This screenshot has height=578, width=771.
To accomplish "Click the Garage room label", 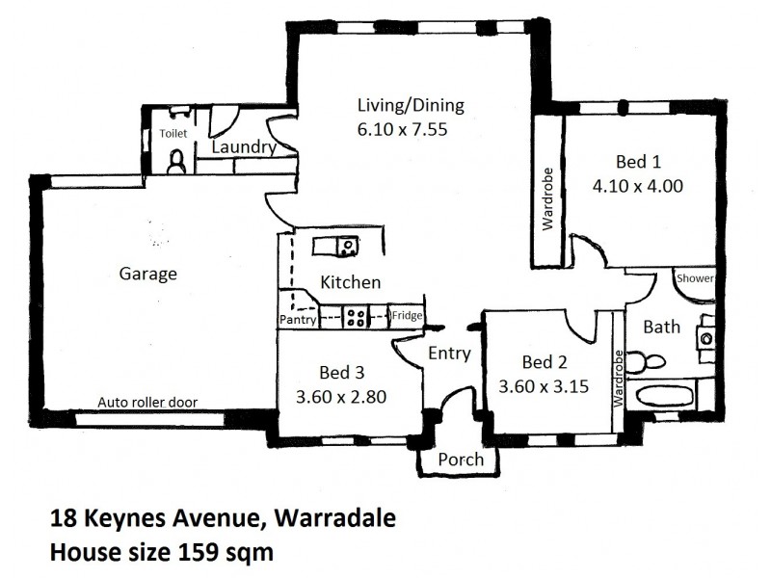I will coord(147,274).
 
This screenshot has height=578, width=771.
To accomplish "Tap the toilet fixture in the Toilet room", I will coord(175,161).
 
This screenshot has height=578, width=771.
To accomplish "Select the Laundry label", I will coord(243,147).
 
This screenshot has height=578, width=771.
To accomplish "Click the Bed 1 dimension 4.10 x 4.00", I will coord(637,186).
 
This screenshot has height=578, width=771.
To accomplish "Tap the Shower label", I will coord(695,278).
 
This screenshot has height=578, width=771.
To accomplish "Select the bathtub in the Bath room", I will coord(658,396).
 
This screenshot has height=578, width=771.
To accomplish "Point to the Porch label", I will coord(460,460).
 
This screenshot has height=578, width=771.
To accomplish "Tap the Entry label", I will coord(449,354).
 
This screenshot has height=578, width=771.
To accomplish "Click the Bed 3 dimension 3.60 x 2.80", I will coord(343,395).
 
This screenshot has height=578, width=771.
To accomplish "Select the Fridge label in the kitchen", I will coord(405,315).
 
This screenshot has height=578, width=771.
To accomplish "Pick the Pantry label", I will coord(298,319).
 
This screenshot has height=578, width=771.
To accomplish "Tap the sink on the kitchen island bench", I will coord(346,248).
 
